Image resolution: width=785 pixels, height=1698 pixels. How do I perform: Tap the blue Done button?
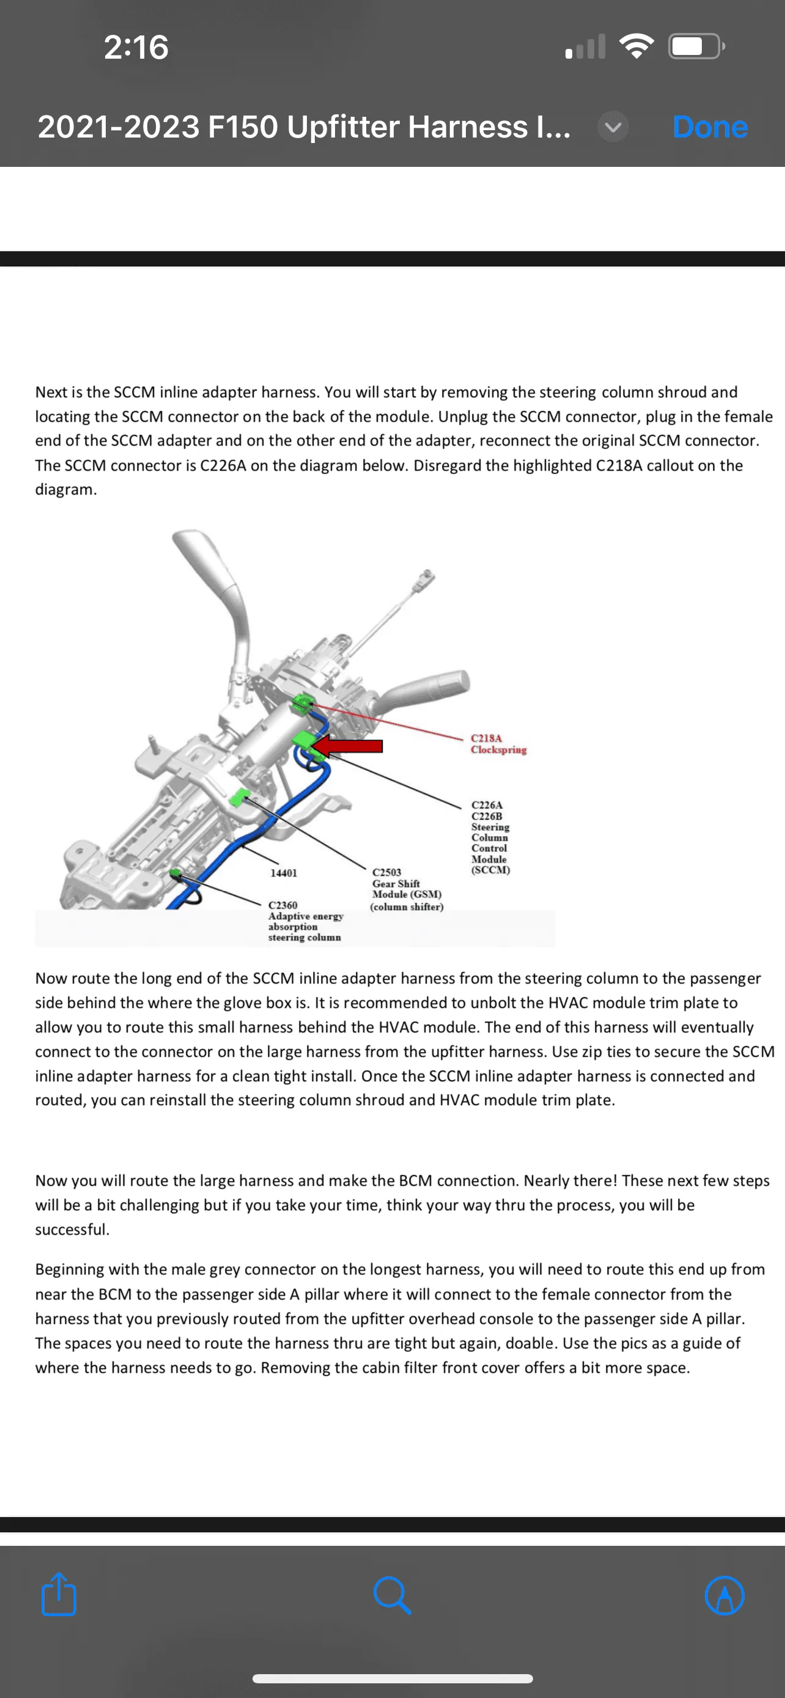point(709,127)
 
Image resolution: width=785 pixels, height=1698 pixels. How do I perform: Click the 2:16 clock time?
point(136,48)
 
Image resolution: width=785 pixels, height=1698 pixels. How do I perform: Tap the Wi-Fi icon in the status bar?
point(636,46)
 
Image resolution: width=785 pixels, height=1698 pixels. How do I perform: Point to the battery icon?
point(696,46)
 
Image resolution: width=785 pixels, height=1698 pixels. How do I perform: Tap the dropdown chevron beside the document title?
point(613,127)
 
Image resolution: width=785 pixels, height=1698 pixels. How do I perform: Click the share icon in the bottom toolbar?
point(59,1595)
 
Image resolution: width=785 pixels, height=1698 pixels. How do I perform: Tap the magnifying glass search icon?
point(392,1595)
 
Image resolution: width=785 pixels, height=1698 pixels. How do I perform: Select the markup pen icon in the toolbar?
point(724,1595)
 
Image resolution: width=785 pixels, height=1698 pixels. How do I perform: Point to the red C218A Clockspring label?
point(498,743)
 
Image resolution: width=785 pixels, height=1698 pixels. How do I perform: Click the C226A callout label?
point(487,805)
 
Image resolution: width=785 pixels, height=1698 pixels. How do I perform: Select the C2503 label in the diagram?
point(387,872)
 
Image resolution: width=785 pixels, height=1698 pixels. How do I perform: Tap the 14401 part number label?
point(284,873)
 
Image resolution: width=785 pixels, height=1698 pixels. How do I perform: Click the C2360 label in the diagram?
point(282,905)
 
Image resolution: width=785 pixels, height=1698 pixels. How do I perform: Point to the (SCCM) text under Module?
point(490,870)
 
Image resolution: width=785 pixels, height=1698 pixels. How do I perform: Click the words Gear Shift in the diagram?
point(396,883)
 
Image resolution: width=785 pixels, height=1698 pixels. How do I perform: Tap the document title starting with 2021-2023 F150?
point(304,127)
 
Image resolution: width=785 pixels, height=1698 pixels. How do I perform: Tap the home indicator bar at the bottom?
point(392,1679)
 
